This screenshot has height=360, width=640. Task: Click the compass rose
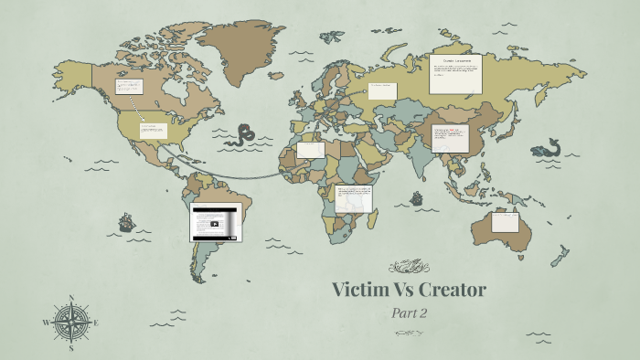70,323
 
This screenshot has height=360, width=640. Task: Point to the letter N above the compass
70,297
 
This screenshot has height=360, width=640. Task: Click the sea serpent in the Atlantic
243,135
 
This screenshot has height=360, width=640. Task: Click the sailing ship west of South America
126,221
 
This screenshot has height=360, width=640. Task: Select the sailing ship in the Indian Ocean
417,197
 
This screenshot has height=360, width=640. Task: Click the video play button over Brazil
215,223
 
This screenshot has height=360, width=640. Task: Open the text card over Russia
454,73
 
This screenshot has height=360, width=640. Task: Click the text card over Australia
505,221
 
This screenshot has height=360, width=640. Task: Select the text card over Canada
128,87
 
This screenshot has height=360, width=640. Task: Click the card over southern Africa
353,198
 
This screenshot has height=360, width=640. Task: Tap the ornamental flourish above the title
408,266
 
